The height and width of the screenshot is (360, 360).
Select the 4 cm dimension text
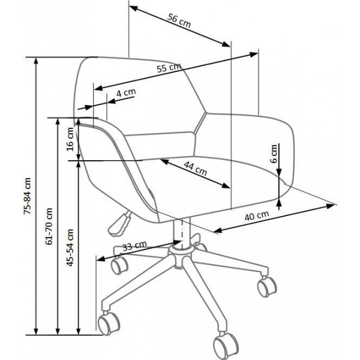click(126, 93)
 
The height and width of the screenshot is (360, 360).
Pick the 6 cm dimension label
click(274, 154)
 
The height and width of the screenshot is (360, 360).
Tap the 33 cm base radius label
click(134, 246)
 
